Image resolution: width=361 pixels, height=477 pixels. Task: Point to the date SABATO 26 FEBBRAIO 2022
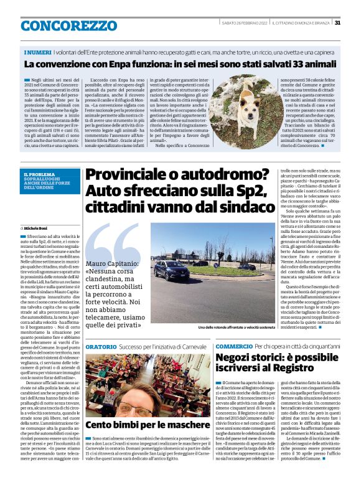click(x=245, y=23)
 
